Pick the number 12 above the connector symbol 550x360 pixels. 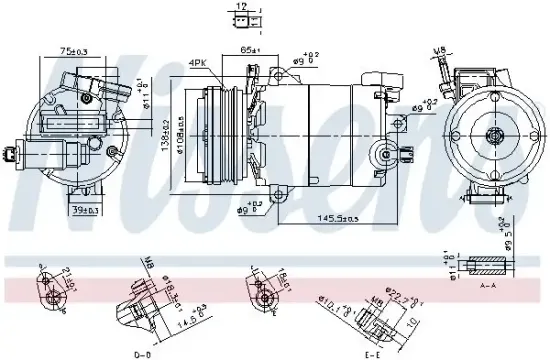point(239,7)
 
